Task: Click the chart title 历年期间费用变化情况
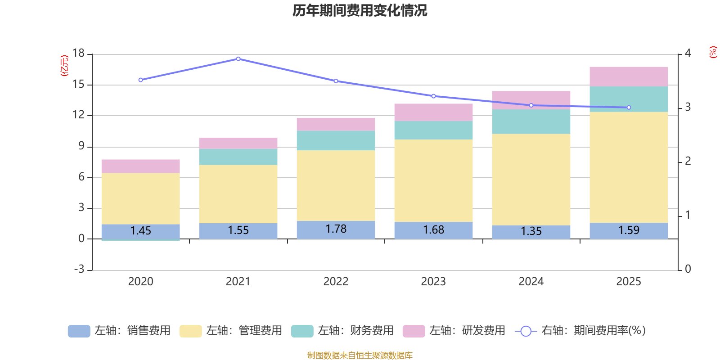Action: click(x=360, y=10)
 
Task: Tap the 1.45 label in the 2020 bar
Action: click(x=140, y=231)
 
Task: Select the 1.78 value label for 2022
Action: click(x=336, y=229)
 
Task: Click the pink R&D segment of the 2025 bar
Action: click(x=629, y=76)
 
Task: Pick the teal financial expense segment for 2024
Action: click(x=531, y=121)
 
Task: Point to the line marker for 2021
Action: click(x=238, y=59)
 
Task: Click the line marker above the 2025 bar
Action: click(x=629, y=108)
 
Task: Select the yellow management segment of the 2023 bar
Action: click(x=433, y=180)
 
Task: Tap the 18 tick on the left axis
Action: click(x=78, y=54)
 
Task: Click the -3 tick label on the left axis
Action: click(x=79, y=269)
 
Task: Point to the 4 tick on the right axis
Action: click(x=688, y=53)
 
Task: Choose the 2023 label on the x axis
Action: click(x=433, y=282)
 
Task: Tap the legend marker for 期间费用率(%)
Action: click(x=525, y=331)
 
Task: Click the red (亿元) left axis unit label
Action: click(x=64, y=66)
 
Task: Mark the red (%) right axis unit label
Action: click(x=712, y=52)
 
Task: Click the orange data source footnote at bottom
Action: click(x=360, y=355)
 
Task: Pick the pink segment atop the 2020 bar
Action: click(x=140, y=166)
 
